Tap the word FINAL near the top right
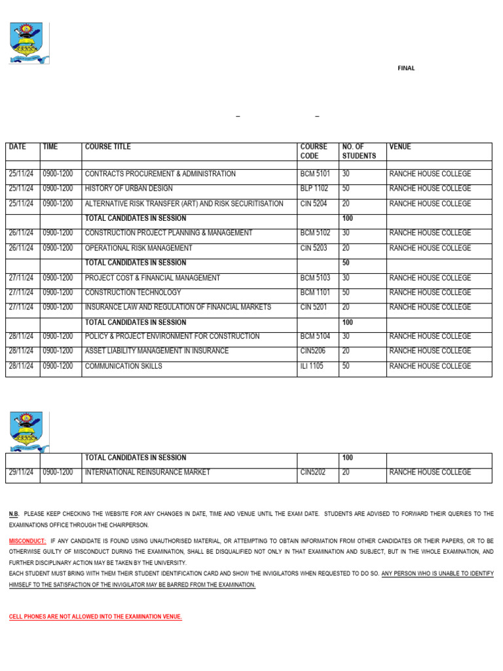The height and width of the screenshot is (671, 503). [x=406, y=68]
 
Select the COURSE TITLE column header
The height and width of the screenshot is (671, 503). [x=107, y=147]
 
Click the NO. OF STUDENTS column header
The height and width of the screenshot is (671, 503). [x=359, y=151]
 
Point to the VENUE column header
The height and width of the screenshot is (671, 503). [x=400, y=147]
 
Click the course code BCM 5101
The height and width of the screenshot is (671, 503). [x=315, y=174]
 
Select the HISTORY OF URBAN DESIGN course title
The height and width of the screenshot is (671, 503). [x=129, y=189]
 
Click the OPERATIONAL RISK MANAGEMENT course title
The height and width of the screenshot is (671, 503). [x=139, y=248]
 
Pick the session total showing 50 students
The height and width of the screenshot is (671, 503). [x=346, y=263]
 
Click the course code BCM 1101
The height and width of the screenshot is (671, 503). [x=315, y=293]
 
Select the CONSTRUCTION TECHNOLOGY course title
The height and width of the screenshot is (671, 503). [x=133, y=293]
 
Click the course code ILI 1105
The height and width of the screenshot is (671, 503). [x=312, y=366]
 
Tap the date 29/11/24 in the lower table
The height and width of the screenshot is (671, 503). [x=21, y=472]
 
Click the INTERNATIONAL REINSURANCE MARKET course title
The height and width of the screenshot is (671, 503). [x=147, y=472]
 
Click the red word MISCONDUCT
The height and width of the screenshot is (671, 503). [x=28, y=542]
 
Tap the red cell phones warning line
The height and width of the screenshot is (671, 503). [x=95, y=617]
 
